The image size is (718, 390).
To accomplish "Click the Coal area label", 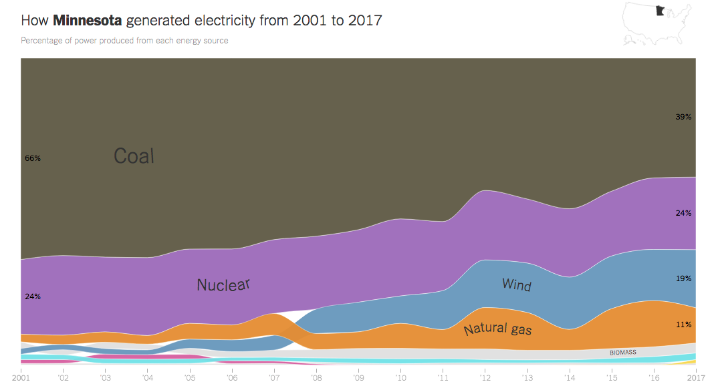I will pyautogui.click(x=134, y=156).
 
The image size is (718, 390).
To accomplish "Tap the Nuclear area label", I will pyautogui.click(x=223, y=284).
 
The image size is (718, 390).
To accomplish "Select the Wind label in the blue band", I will pyautogui.click(x=517, y=285).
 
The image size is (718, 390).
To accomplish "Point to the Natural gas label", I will pyautogui.click(x=497, y=329).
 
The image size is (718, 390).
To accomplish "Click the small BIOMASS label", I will pyautogui.click(x=622, y=352).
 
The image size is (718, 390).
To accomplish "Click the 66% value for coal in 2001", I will pyautogui.click(x=33, y=158).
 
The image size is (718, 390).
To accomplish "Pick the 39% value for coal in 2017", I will pyautogui.click(x=683, y=116).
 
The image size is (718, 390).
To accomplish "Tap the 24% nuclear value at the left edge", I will pyautogui.click(x=33, y=296).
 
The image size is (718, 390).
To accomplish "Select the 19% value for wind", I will pyautogui.click(x=683, y=278).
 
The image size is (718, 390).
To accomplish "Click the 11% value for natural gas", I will pyautogui.click(x=683, y=324).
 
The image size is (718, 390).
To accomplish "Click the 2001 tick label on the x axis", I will pyautogui.click(x=21, y=378).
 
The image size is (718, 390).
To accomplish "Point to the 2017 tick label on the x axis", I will pyautogui.click(x=696, y=378).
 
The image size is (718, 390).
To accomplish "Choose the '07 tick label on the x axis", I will pyautogui.click(x=274, y=378).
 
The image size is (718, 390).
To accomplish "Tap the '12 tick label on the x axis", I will pyautogui.click(x=485, y=378).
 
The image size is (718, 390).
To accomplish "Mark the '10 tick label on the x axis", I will pyautogui.click(x=401, y=378).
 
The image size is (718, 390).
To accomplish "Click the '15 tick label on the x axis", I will pyautogui.click(x=612, y=378).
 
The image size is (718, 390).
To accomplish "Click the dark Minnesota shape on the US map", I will pyautogui.click(x=660, y=11).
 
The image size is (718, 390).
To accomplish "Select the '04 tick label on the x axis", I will pyautogui.click(x=148, y=378).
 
